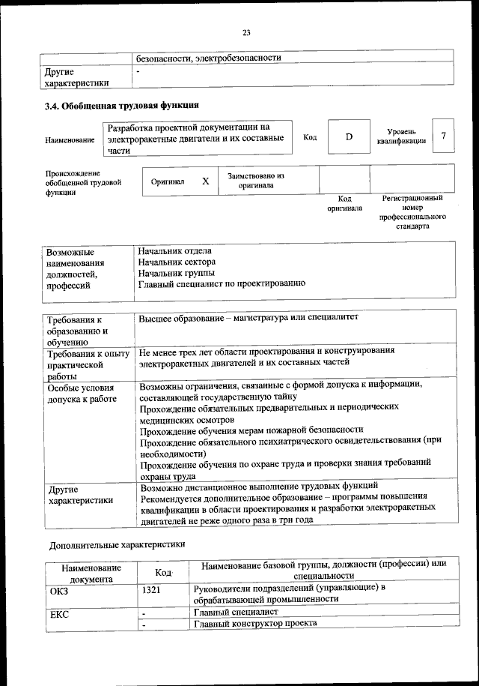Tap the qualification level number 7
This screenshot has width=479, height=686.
(x=443, y=136)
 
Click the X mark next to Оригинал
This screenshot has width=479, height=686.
(x=205, y=181)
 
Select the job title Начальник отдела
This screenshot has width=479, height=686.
(x=174, y=250)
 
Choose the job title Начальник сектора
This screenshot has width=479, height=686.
(x=177, y=262)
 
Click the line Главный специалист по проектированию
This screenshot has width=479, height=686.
(x=221, y=283)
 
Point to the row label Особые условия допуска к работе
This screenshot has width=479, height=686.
(x=82, y=394)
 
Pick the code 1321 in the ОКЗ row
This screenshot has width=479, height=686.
(x=152, y=589)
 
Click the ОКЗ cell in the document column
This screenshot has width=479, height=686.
(x=59, y=589)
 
